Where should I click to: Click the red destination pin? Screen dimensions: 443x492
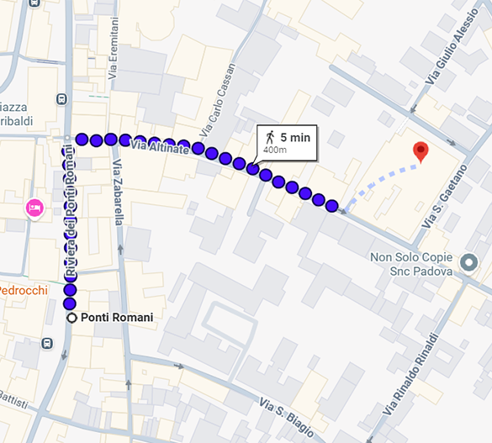coord(421,151)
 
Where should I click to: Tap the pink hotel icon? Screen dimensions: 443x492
coord(34,207)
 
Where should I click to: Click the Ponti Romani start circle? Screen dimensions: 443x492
coord(72,318)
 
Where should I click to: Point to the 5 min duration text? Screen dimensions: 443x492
coord(294,136)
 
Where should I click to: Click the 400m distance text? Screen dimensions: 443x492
coord(275,150)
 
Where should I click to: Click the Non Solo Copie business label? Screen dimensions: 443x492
coord(411,263)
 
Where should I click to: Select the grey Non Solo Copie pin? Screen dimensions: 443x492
coord(468,263)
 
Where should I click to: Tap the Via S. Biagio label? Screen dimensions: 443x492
coord(286,417)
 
